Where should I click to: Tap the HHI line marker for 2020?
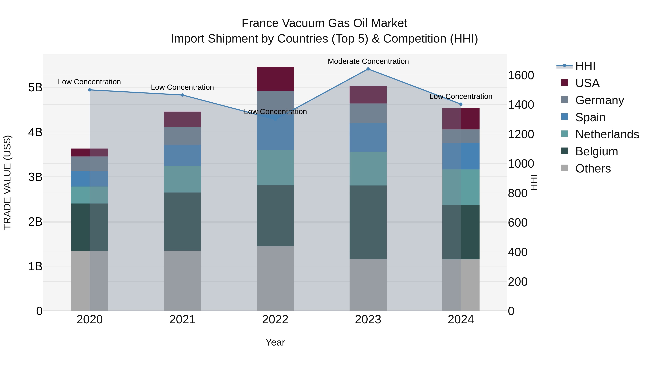tap(90, 90)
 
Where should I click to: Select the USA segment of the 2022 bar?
tap(275, 79)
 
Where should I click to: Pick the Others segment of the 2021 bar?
tap(182, 281)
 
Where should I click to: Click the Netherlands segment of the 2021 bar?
tap(182, 179)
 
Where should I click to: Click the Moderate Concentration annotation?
tap(368, 61)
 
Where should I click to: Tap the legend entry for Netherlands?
tap(607, 134)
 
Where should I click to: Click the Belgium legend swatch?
tap(565, 151)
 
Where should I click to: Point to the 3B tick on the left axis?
tap(35, 177)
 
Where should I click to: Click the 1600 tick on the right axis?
tap(520, 75)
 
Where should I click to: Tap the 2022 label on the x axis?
tap(275, 320)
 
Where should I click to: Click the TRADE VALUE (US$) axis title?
tap(8, 182)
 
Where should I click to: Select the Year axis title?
tap(275, 342)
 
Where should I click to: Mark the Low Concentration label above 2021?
tap(182, 87)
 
